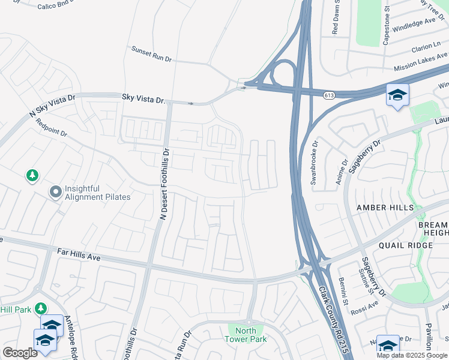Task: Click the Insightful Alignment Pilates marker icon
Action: coord(56,192)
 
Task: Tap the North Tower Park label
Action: coord(245,335)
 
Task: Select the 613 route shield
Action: coord(328,95)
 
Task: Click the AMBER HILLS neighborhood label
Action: coord(385,208)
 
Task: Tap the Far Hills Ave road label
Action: coord(77,256)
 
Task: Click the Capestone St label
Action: coord(387,27)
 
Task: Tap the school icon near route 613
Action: coord(397,95)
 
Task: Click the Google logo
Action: coord(20,353)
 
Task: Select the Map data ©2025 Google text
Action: coord(412,355)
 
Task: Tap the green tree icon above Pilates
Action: coord(32,176)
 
